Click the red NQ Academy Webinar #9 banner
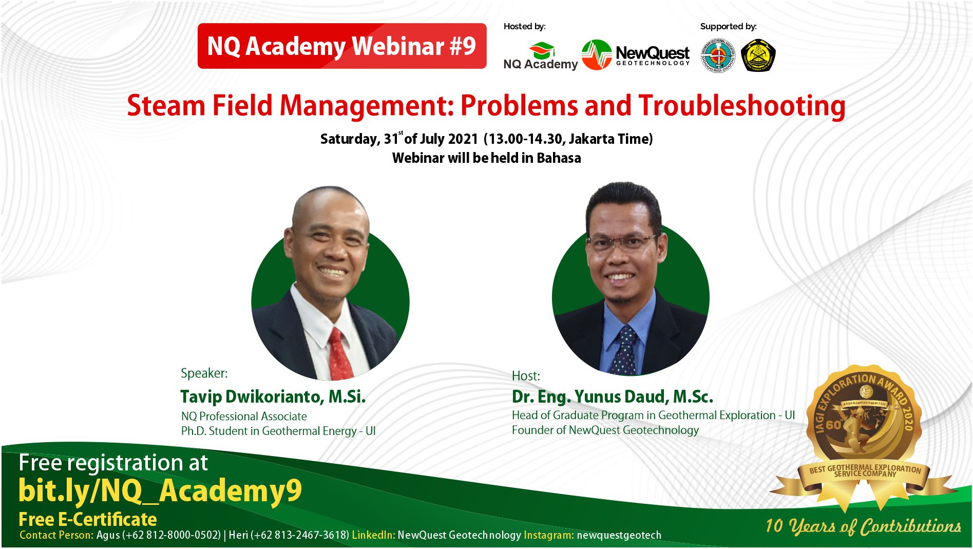pos(341,46)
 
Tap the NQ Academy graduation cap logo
pos(542,51)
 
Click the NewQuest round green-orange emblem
pos(596,55)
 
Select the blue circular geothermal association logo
pos(718,55)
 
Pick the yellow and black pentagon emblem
pos(758,55)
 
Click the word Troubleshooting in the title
pos(741,106)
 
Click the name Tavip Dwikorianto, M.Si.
pos(273,396)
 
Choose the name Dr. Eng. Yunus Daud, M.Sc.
pos(612,396)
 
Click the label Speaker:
pos(204,373)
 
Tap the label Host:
pos(526,376)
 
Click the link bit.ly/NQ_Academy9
pos(160,491)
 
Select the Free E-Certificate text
pos(88,519)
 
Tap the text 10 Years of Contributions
pos(863,526)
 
